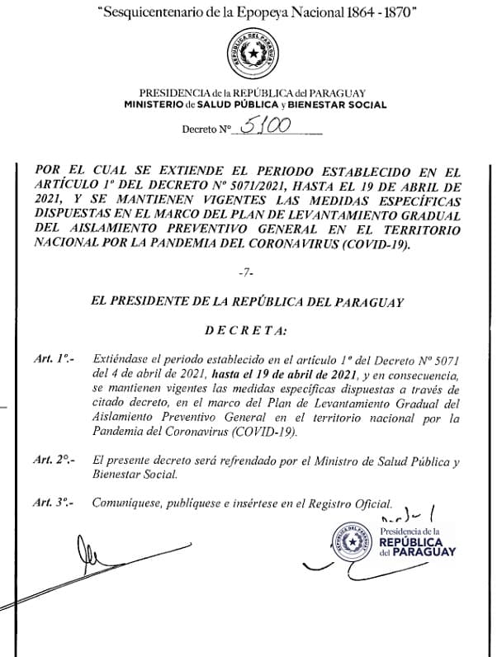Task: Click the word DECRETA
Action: click(x=245, y=331)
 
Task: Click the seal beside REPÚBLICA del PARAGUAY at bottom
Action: click(x=351, y=542)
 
